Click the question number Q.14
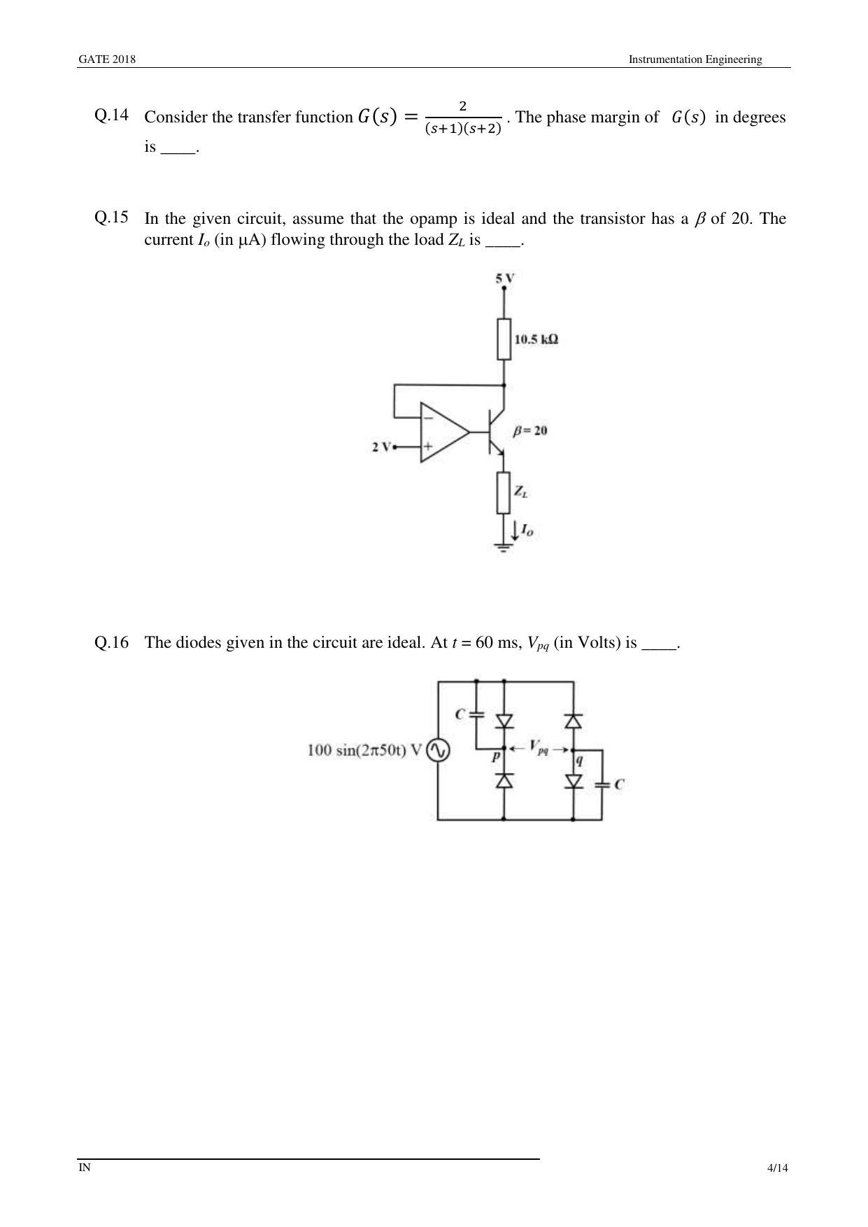(111, 115)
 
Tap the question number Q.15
(111, 217)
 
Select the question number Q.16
(111, 642)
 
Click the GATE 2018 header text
(106, 59)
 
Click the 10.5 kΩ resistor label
(536, 340)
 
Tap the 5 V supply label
(505, 278)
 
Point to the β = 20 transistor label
(530, 431)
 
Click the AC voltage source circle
(438, 751)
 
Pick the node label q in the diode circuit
(579, 759)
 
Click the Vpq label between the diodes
(539, 747)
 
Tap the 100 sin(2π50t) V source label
(364, 751)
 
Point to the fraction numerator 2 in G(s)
(462, 106)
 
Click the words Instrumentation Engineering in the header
(695, 59)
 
